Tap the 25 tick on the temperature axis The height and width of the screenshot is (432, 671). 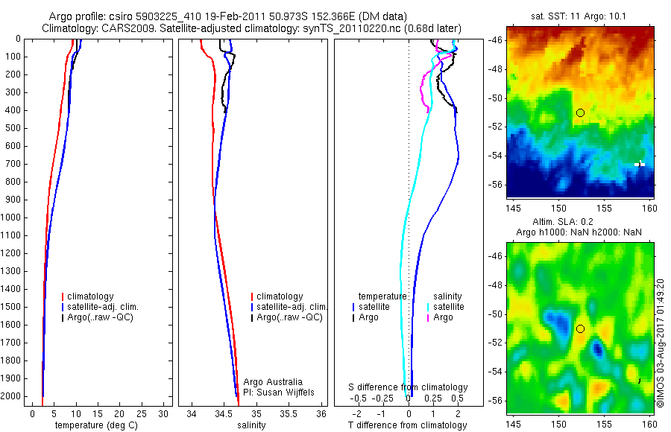[140, 413]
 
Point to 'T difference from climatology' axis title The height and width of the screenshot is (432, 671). [407, 425]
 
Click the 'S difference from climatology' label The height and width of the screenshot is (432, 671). [409, 387]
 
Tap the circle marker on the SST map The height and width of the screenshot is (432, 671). [580, 112]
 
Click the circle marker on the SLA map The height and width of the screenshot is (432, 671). [580, 328]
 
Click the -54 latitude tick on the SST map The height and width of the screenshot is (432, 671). [497, 156]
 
